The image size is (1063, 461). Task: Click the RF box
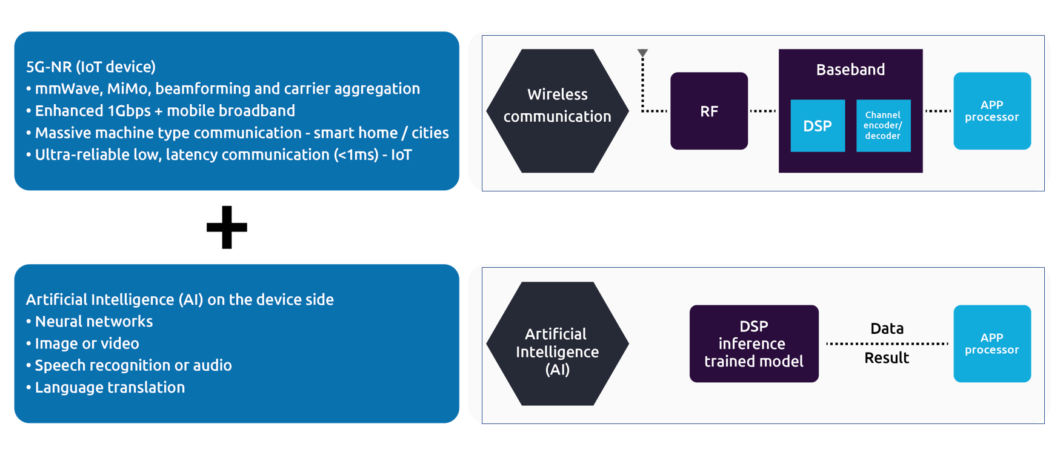(x=708, y=111)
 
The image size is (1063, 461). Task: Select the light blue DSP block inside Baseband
(x=817, y=125)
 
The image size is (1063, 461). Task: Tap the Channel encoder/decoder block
(x=882, y=125)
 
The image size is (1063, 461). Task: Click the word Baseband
(x=850, y=70)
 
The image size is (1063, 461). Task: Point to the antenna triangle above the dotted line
(x=643, y=53)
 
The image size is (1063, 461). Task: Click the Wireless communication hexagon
(x=557, y=111)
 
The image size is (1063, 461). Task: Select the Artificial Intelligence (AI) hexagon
(x=557, y=343)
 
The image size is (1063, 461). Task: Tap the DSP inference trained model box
(x=753, y=343)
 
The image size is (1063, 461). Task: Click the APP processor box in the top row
(x=991, y=111)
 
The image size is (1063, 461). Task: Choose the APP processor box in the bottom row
(x=991, y=343)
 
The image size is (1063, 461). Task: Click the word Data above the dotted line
(x=887, y=328)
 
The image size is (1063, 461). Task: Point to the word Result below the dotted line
(x=887, y=358)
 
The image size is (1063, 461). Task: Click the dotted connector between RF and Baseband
(x=762, y=111)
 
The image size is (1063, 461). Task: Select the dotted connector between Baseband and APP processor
(x=938, y=111)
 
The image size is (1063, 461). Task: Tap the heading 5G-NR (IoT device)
(x=91, y=67)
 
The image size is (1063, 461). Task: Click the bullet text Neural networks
(x=94, y=321)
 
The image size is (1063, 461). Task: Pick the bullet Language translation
(x=110, y=387)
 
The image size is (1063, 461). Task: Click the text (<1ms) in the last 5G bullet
(x=356, y=154)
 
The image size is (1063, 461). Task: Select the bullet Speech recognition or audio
(x=133, y=365)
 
